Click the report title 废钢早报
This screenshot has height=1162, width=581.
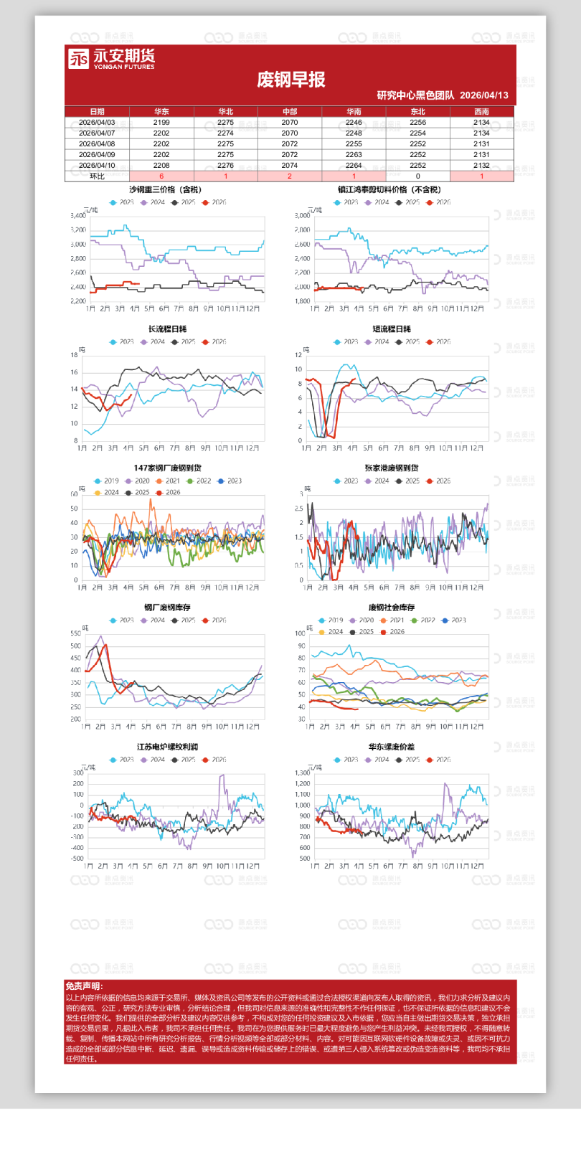(290, 80)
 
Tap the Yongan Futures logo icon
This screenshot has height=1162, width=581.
(78, 58)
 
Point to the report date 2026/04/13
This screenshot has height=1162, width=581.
(483, 95)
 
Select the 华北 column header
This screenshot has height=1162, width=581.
(225, 112)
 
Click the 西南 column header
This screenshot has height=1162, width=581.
(481, 112)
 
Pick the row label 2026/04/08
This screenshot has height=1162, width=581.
(97, 143)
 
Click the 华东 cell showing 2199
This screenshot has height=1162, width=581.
(161, 123)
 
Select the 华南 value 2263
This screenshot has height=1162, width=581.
(354, 154)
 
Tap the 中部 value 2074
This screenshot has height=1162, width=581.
(290, 165)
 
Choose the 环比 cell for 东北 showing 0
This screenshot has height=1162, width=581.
(417, 176)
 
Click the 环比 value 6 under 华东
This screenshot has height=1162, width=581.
(161, 176)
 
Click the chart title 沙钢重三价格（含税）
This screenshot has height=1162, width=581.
(165, 190)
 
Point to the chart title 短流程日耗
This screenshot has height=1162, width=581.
(392, 329)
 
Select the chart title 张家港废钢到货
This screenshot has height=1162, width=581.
(392, 468)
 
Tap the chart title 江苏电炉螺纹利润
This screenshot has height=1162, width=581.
(167, 747)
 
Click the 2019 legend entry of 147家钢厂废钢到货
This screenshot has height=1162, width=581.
(107, 481)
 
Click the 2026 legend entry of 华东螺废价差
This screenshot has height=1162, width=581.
(439, 760)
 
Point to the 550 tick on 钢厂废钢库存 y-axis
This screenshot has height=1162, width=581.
(75, 633)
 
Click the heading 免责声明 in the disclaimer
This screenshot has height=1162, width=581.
(84, 986)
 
